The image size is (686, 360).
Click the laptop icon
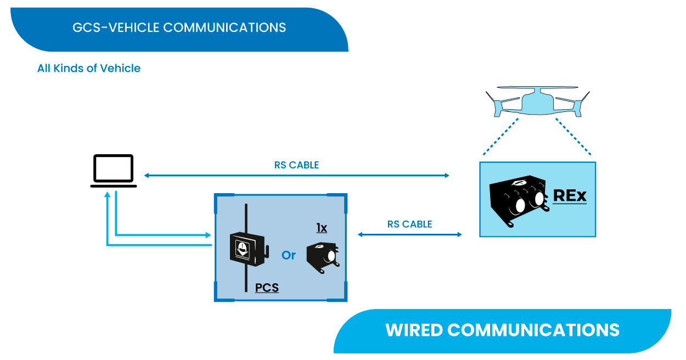tap(113, 171)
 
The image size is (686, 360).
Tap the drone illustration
tap(538, 102)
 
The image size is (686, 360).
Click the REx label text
tap(570, 196)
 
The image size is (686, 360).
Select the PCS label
tap(267, 288)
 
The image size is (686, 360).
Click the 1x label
tap(322, 228)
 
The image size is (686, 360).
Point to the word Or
tap(289, 255)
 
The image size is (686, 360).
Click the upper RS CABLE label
tap(296, 165)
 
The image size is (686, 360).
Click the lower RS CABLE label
tap(409, 224)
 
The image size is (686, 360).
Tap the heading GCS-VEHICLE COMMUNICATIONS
tap(179, 27)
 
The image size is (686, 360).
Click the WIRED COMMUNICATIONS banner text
tap(502, 330)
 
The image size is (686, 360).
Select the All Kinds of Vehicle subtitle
tap(89, 68)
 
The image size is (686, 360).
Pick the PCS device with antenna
tap(249, 248)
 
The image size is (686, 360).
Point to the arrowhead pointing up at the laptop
tap(107, 195)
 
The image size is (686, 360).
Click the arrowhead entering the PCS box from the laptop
tap(208, 235)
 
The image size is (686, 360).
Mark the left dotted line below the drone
tap(501, 137)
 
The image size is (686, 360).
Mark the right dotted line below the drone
tap(573, 137)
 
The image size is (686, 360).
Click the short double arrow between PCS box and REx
tap(410, 234)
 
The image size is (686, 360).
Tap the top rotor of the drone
tap(537, 88)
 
